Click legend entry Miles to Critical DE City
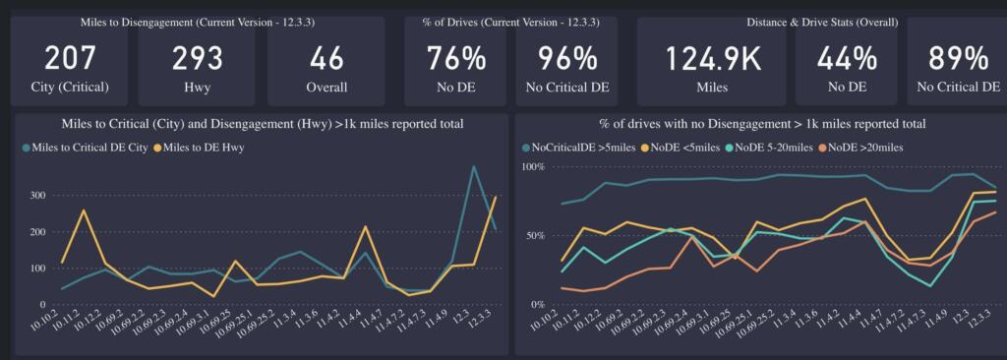86,148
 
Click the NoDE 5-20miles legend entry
771,148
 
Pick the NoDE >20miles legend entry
866,148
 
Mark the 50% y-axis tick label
532,236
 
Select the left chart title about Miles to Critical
262,124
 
